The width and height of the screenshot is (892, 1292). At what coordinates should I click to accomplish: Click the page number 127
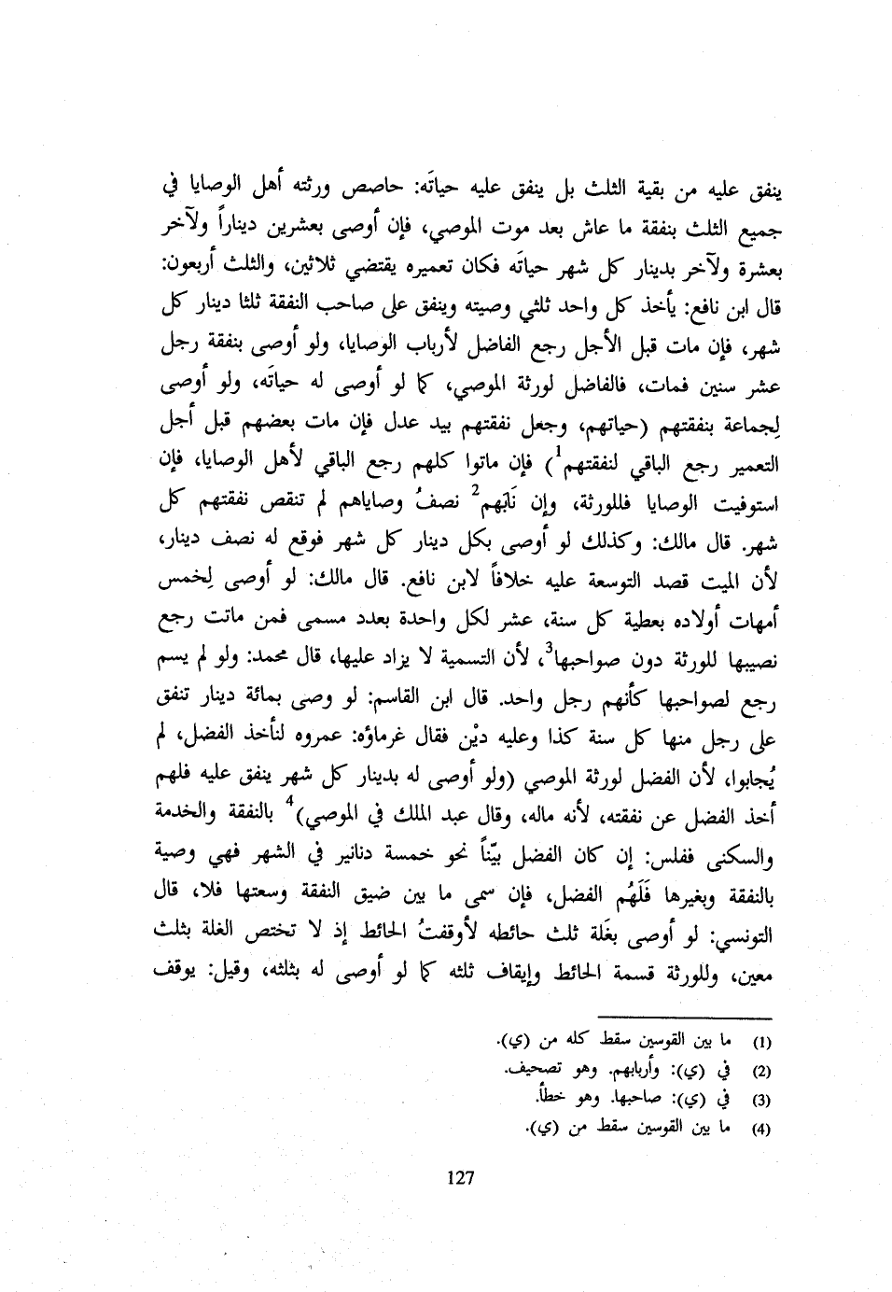tap(460, 1178)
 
